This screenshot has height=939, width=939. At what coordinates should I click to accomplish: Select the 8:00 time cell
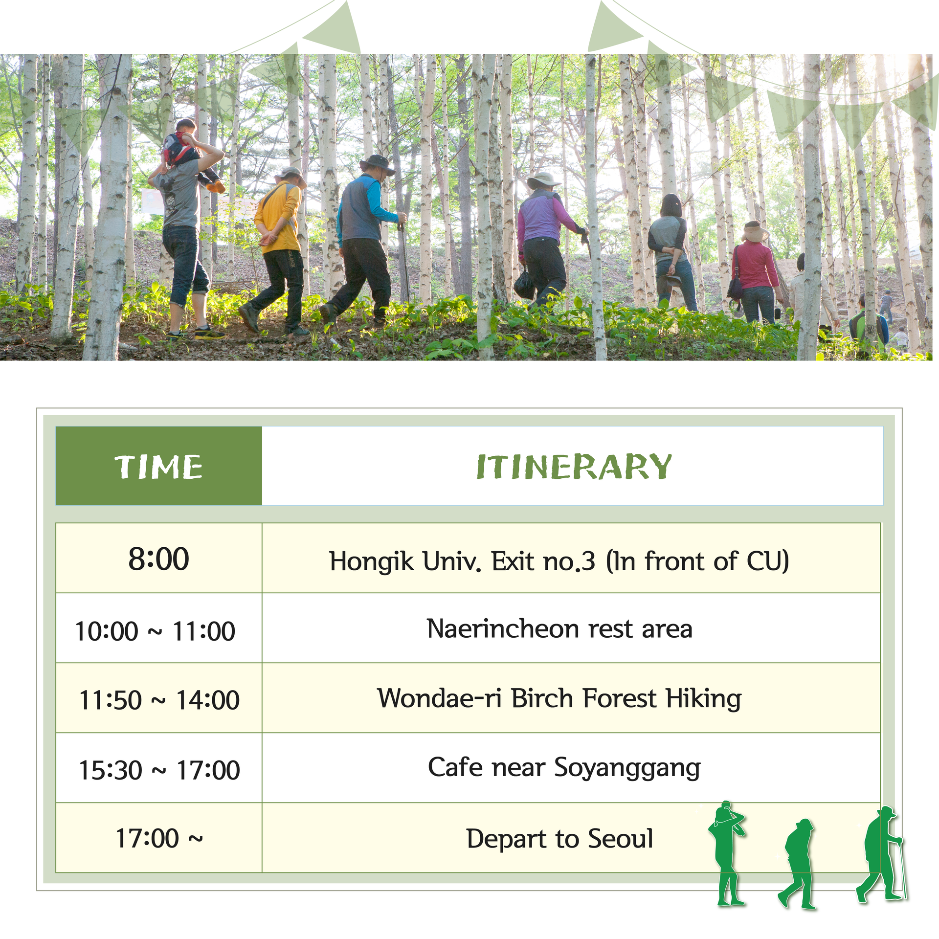coord(159,559)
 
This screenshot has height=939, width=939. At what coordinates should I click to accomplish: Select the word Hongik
coord(372,562)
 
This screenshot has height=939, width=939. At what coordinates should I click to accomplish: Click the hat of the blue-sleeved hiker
coord(377,164)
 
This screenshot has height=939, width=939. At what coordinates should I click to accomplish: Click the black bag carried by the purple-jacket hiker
coord(524,284)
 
